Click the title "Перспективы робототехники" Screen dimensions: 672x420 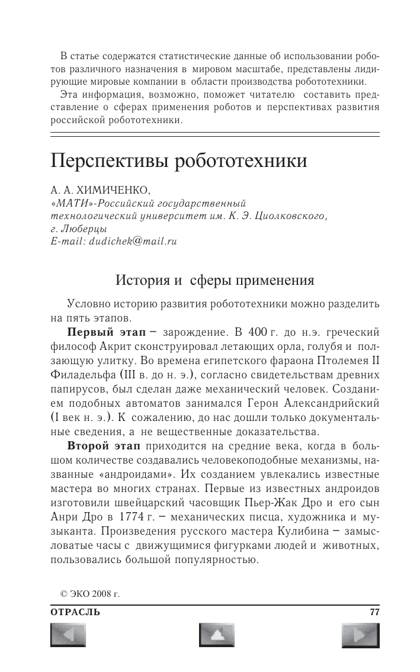click(179, 160)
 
